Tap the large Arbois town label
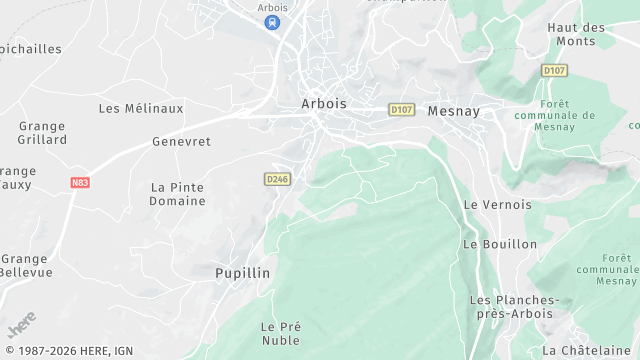pos(323,103)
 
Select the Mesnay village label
pos(455,111)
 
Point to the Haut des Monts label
pos(577,35)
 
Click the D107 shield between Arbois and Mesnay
pos(401,109)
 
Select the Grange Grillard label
pos(42,133)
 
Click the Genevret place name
pos(181,142)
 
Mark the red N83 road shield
pos(80,183)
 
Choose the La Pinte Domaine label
pos(178,194)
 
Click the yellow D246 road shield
pos(277,179)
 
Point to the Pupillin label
pos(243,272)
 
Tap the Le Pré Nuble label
pos(281,333)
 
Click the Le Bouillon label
pos(500,244)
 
